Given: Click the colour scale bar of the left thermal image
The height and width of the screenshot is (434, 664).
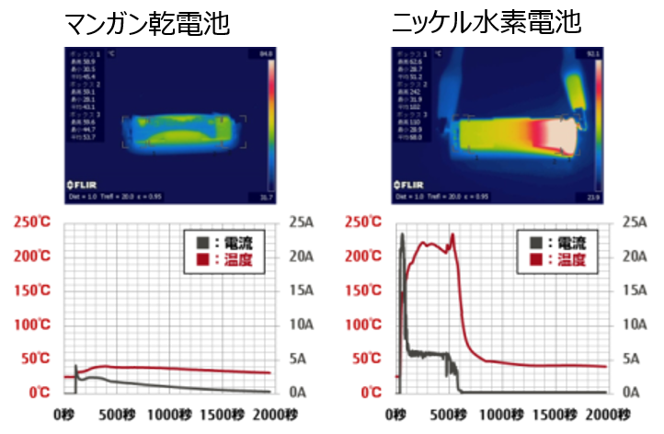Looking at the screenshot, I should [269, 120].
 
